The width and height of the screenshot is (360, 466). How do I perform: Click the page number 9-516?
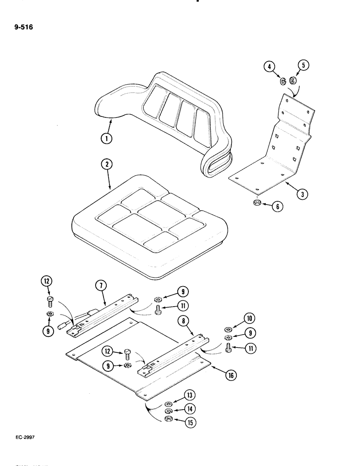tap(23, 27)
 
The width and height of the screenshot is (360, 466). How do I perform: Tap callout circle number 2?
tap(107, 165)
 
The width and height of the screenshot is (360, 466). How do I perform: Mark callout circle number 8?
tap(182, 321)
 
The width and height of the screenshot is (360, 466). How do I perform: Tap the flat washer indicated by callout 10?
tap(229, 330)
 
